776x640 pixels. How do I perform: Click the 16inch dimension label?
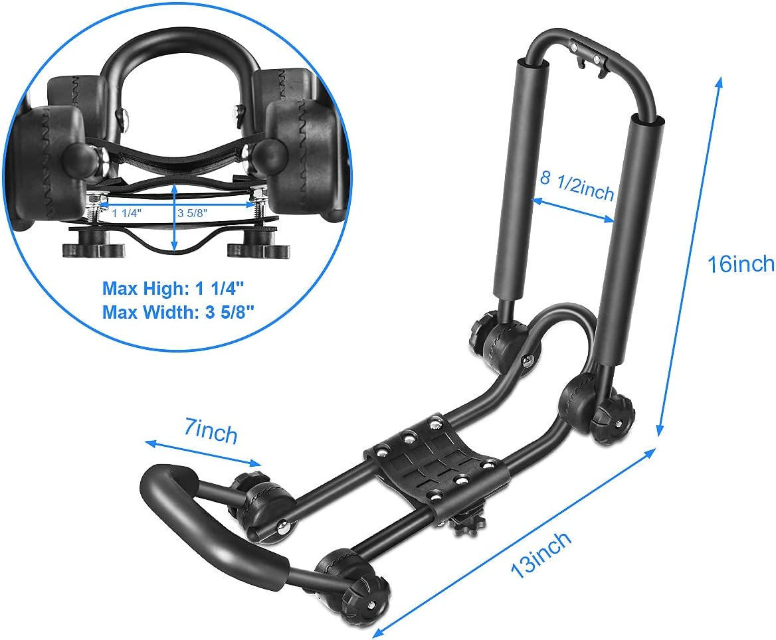tap(740, 264)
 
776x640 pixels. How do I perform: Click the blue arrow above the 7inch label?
tap(203, 453)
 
